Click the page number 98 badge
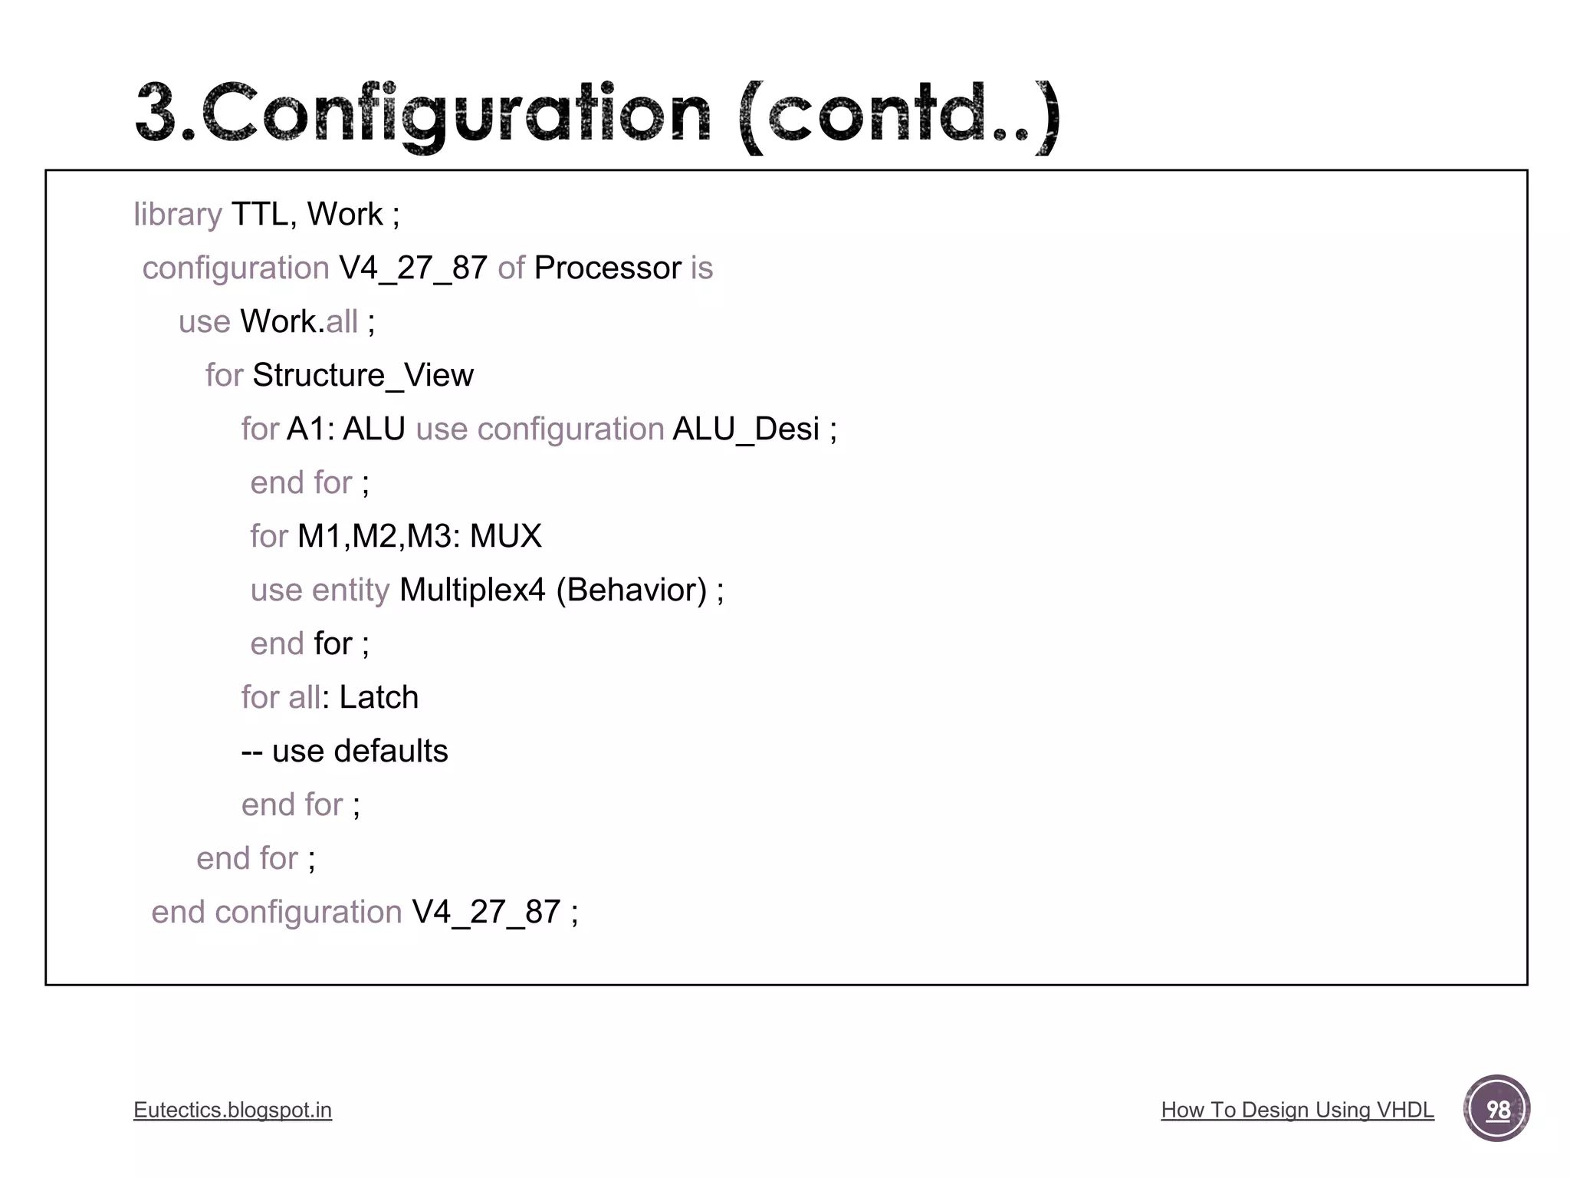(1496, 1109)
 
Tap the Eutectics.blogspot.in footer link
(232, 1110)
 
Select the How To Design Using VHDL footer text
(1297, 1110)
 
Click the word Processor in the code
(607, 268)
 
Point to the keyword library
(177, 215)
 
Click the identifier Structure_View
(363, 376)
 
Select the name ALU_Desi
(746, 429)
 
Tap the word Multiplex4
(472, 591)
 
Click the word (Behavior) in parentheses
(631, 591)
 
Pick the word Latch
(379, 698)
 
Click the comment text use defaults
(360, 752)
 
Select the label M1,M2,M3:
(379, 537)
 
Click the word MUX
(505, 537)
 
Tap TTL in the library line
(260, 215)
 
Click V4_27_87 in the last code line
(486, 913)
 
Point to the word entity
(351, 591)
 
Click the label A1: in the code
(310, 429)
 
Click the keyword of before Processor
(511, 268)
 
